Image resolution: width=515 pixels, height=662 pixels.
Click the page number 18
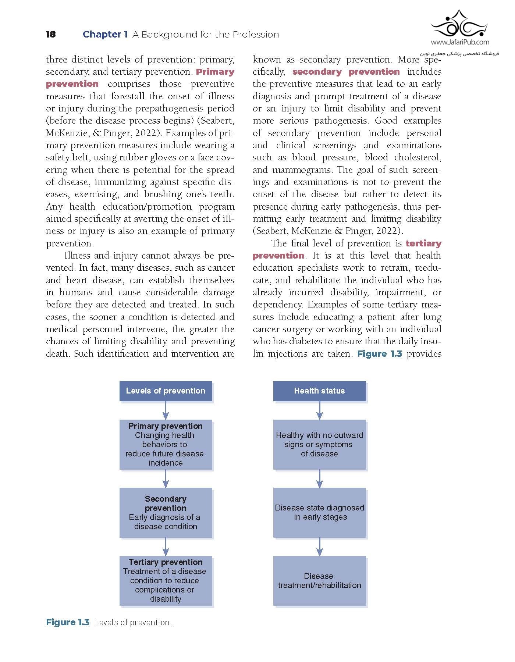51,35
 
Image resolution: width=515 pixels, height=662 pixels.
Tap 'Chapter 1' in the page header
105,35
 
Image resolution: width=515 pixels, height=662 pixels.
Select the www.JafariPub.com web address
460,42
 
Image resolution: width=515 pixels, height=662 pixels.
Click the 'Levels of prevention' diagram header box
166,391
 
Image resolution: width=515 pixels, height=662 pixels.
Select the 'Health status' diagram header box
319,391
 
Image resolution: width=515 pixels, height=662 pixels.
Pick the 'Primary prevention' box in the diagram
166,444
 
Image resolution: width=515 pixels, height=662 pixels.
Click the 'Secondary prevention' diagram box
166,513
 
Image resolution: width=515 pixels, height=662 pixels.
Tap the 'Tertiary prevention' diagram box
166,581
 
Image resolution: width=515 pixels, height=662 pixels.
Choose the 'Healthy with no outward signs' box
319,444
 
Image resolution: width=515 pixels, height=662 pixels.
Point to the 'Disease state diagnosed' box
319,513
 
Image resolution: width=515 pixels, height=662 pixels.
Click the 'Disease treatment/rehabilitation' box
319,581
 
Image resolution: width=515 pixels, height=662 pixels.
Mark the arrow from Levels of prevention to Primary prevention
166,410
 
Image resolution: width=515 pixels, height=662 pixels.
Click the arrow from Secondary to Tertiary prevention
166,547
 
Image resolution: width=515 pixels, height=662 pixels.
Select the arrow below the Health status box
319,410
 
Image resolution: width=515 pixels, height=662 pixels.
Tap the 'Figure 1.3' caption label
68,622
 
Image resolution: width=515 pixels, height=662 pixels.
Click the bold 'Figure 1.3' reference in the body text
380,354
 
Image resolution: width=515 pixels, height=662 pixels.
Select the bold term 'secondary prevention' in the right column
346,72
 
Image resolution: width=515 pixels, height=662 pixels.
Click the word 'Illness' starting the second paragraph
77,256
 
